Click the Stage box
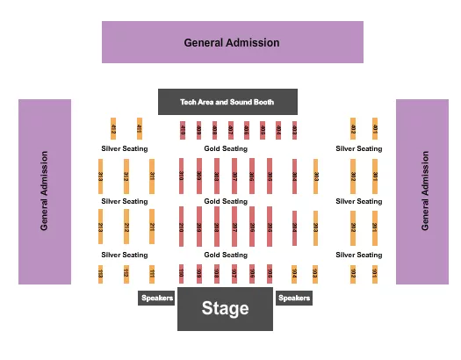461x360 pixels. pos(213,309)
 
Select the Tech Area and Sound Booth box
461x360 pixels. pos(227,102)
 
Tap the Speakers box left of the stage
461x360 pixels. pos(156,298)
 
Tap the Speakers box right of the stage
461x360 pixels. pos(294,298)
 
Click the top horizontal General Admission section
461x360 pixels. pos(232,42)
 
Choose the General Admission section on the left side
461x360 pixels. pos(45,191)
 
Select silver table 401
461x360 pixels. pos(375,128)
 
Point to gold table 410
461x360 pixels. pos(182,130)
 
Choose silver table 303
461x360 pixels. pos(315,176)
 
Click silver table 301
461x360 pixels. pos(375,176)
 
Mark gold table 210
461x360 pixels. pos(182,226)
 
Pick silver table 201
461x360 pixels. pos(375,226)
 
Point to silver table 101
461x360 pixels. pos(375,273)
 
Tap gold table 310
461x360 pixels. pos(182,176)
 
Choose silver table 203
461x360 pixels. pos(315,227)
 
